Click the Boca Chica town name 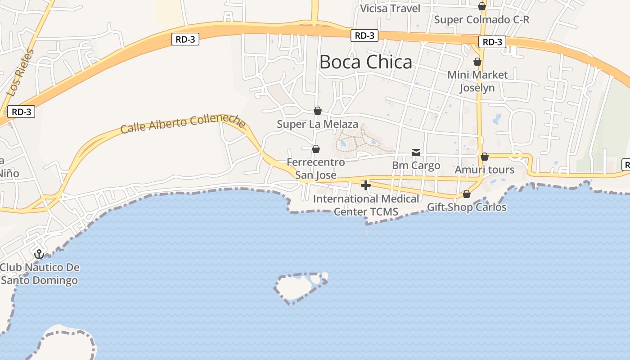click(365, 62)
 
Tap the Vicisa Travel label click(390, 9)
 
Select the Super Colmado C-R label click(481, 20)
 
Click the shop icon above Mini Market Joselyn click(477, 62)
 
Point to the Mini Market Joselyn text click(477, 81)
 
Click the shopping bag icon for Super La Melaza click(318, 110)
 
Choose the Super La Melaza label click(317, 124)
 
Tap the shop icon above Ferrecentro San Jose click(316, 148)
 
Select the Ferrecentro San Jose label click(316, 168)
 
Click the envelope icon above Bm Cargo click(416, 153)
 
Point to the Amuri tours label click(484, 170)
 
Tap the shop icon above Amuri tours click(485, 157)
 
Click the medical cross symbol click(365, 185)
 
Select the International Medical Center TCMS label click(366, 205)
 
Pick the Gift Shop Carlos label click(467, 207)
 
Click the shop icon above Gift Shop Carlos click(467, 194)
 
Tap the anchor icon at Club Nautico click(39, 254)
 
